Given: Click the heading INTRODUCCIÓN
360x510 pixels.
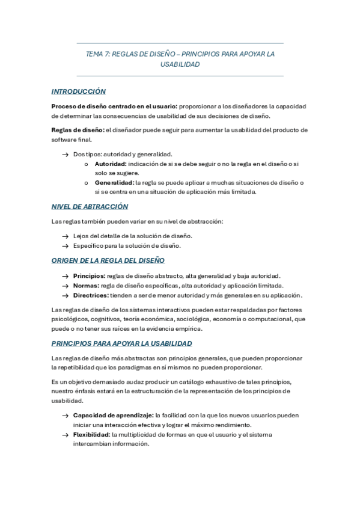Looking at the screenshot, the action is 79,91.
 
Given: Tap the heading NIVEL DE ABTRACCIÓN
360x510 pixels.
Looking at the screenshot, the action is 90,206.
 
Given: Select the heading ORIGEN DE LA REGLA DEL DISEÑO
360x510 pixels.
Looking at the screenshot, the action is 108,260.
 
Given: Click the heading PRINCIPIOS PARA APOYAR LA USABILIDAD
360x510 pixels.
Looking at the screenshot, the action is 121,343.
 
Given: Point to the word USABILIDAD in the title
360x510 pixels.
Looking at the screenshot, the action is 180,64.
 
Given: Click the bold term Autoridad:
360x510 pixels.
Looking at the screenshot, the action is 111,164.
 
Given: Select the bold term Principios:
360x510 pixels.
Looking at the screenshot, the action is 90,275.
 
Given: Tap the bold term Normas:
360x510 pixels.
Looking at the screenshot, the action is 86,285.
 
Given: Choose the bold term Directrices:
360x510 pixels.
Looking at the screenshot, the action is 91,295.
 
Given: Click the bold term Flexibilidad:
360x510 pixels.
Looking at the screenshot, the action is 91,434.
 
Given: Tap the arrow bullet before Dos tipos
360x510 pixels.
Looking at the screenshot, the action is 64,155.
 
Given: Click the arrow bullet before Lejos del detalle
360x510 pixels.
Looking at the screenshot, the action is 64,236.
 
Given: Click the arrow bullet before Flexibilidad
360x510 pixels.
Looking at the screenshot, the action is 64,434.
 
